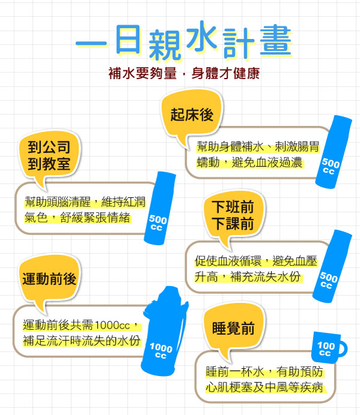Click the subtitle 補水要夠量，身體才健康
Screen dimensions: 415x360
tap(184, 75)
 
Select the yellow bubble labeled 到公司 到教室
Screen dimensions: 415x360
tap(49, 155)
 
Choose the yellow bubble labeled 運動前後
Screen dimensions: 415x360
tap(49, 279)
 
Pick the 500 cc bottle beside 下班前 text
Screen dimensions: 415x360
tap(331, 266)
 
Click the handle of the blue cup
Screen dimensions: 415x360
tap(342, 348)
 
